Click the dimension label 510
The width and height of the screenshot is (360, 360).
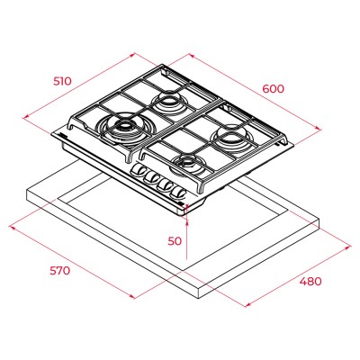(x=63, y=81)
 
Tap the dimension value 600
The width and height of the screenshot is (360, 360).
(x=273, y=88)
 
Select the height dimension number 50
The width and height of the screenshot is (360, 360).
(x=175, y=241)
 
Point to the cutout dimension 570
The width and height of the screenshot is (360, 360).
(x=60, y=271)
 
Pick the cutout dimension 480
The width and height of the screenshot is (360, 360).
(x=310, y=282)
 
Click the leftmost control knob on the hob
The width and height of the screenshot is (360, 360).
(x=137, y=170)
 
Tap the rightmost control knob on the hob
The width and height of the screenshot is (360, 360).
(x=177, y=193)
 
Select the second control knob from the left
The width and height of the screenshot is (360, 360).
(x=150, y=177)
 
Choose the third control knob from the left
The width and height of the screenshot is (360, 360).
(x=164, y=185)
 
